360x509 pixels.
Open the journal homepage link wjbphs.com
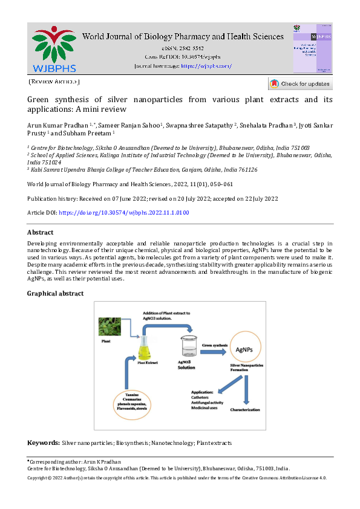tap(207, 65)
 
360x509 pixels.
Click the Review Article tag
tap(54, 82)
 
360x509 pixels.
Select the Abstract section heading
tap(41, 232)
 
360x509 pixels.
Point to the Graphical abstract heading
tap(56, 293)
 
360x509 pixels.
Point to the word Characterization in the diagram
tap(245, 410)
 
